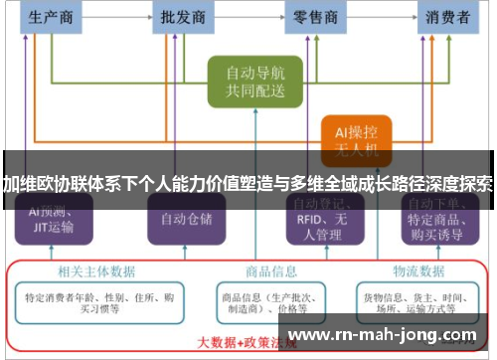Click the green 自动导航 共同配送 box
(x=254, y=82)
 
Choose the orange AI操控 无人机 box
(x=355, y=139)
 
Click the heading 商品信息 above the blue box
(x=270, y=270)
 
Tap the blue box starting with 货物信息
(x=419, y=302)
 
